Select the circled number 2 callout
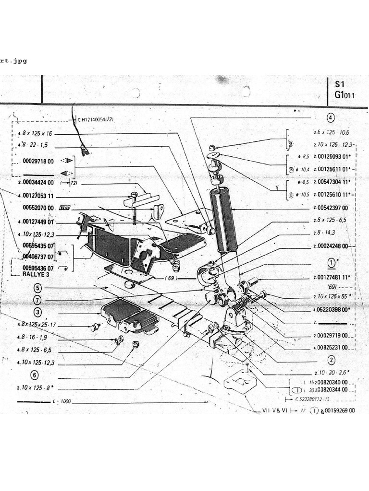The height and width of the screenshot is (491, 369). pyautogui.click(x=331, y=360)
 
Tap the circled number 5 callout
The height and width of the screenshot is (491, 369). pyautogui.click(x=38, y=288)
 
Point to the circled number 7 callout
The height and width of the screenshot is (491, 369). pyautogui.click(x=38, y=301)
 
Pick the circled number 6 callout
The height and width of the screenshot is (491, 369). pyautogui.click(x=34, y=375)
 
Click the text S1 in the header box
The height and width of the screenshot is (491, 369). pyautogui.click(x=340, y=83)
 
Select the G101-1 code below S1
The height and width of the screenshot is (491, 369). pyautogui.click(x=344, y=95)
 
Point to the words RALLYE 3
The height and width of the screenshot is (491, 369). pyautogui.click(x=36, y=274)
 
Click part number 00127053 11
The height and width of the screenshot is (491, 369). pyautogui.click(x=38, y=197)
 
